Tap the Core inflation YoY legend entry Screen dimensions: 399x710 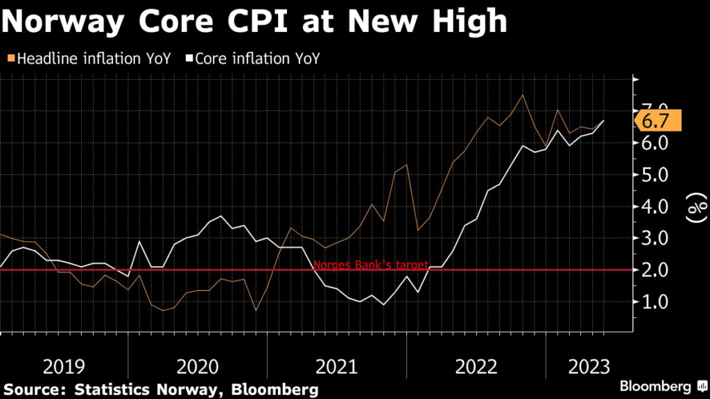pyautogui.click(x=254, y=59)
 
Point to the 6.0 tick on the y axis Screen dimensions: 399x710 pyautogui.click(x=655, y=143)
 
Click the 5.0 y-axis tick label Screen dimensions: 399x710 pyautogui.click(x=655, y=175)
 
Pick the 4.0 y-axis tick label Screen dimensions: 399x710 pyautogui.click(x=655, y=206)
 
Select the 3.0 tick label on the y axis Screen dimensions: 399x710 pyautogui.click(x=655, y=238)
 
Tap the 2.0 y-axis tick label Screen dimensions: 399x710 pyautogui.click(x=655, y=270)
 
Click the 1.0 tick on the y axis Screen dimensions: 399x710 pyautogui.click(x=655, y=302)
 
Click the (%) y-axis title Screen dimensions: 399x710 pyautogui.click(x=695, y=206)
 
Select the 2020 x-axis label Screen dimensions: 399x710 pyautogui.click(x=198, y=366)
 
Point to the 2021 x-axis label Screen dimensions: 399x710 pyautogui.click(x=337, y=366)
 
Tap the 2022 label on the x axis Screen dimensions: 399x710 pyautogui.click(x=476, y=366)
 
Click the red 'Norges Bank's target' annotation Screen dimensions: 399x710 pyautogui.click(x=371, y=265)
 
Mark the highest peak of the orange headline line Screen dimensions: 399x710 pyautogui.click(x=522, y=95)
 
